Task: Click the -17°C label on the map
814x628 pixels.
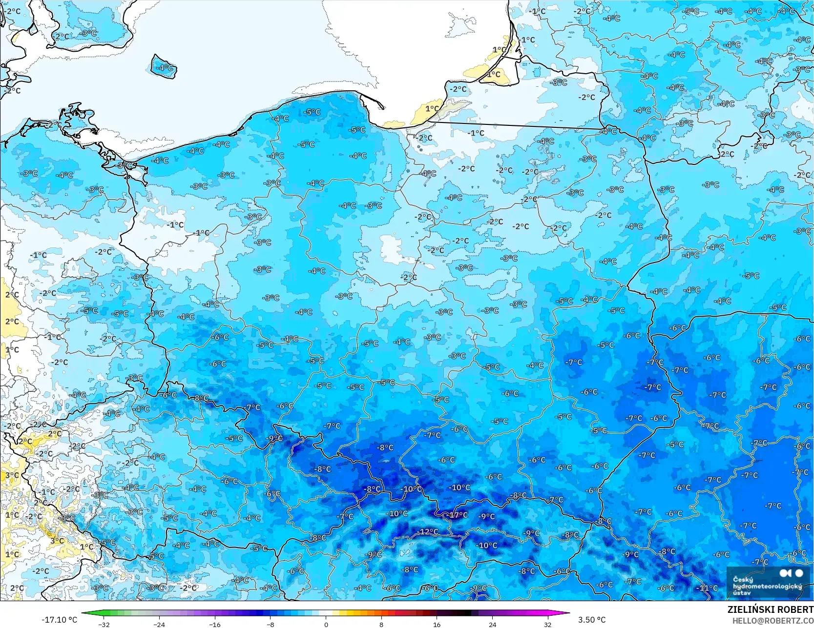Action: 458,515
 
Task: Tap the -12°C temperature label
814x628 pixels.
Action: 428,531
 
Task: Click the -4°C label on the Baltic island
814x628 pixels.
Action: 165,67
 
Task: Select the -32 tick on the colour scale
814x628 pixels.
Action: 104,624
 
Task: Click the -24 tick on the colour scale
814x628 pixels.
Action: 159,624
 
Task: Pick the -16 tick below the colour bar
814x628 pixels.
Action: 215,624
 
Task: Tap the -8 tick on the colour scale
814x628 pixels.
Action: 271,624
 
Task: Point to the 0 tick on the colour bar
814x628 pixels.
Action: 326,624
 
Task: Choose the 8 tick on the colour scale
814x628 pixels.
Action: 381,624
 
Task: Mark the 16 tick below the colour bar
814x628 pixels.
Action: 437,624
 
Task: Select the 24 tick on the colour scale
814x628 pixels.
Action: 492,624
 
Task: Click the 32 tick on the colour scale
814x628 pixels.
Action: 548,624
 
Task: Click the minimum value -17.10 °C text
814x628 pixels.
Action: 59,620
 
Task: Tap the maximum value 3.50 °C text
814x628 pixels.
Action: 592,620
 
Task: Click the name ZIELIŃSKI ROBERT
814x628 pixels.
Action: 770,609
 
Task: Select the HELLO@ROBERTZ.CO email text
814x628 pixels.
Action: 772,620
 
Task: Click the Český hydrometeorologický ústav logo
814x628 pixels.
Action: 768,583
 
